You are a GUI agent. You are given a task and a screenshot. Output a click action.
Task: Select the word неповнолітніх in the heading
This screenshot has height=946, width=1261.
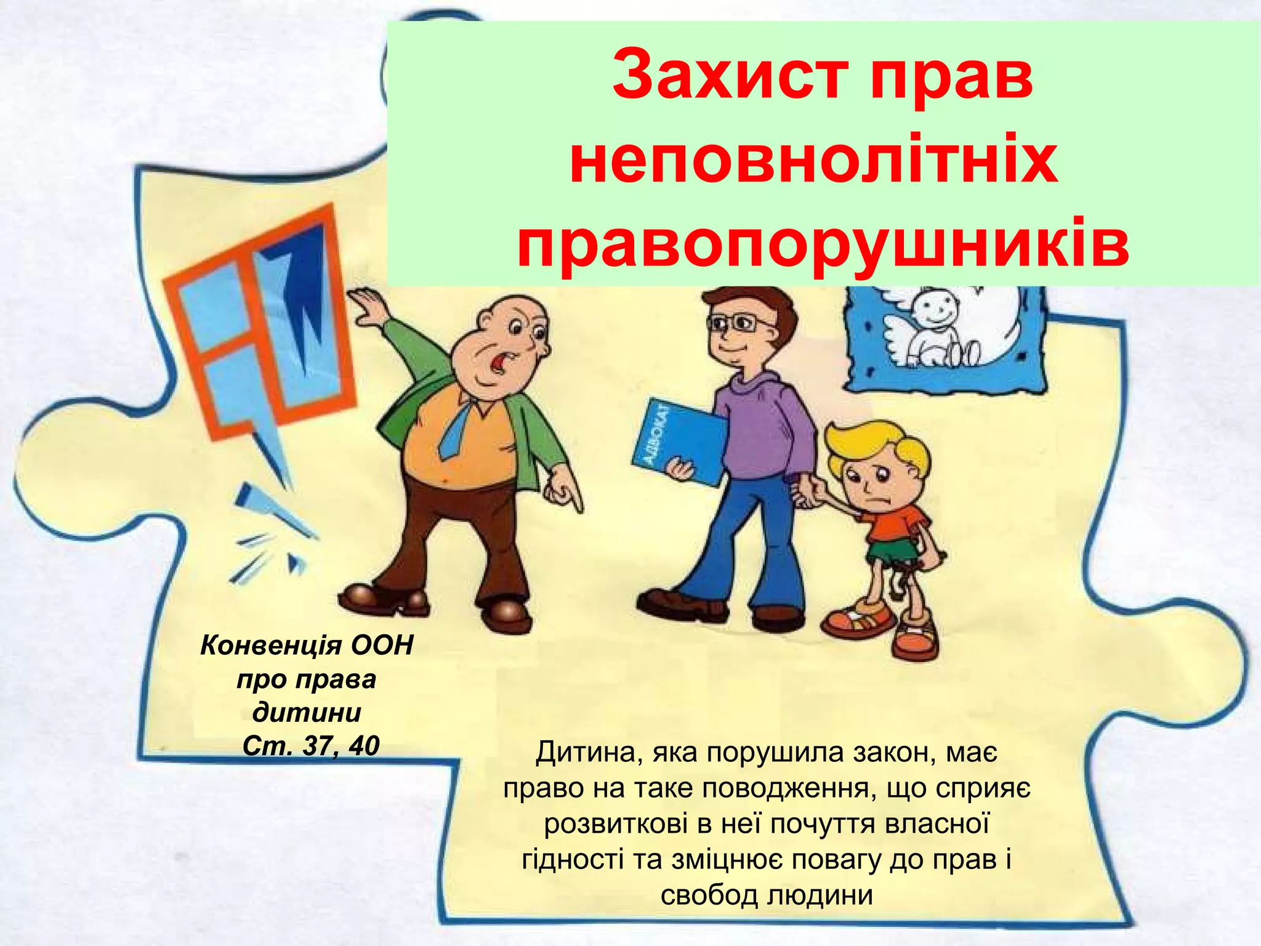coord(814,161)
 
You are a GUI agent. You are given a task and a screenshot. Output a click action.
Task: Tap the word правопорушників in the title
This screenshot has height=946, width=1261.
coord(823,246)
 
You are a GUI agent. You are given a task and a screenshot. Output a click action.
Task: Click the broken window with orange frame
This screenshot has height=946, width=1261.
coord(259,320)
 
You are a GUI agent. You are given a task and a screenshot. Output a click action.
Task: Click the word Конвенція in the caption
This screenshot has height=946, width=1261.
coord(272,646)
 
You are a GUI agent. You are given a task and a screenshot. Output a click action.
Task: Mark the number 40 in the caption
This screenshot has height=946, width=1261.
coord(364,746)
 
